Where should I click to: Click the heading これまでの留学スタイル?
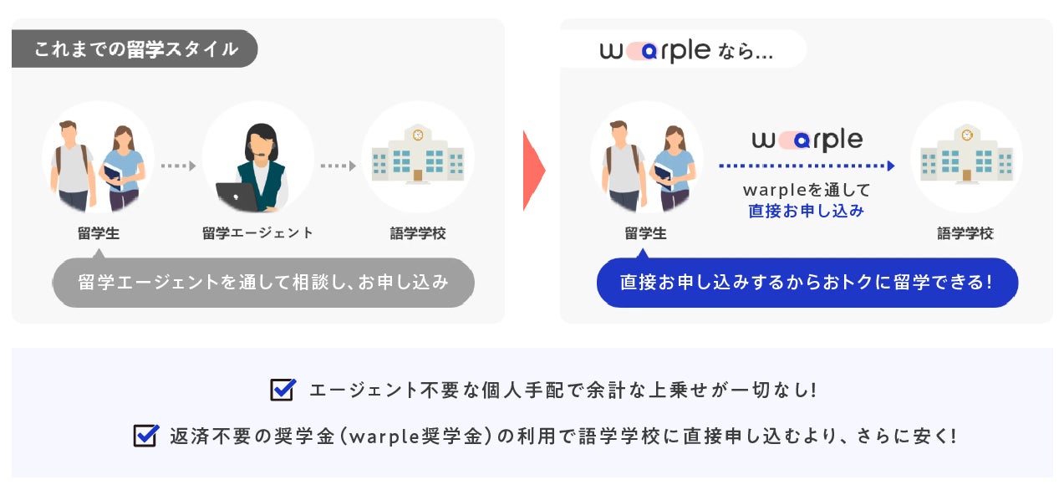135,49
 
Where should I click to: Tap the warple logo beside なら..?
654,50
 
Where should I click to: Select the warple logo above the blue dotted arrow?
807,140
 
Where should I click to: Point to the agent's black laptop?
235,196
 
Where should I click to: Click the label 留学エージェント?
257,233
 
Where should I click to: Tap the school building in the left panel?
418,155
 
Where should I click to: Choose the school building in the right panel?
966,155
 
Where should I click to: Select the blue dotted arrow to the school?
807,166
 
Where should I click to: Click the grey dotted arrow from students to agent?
178,166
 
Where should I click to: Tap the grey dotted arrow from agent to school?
339,166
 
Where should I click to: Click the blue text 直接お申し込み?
806,211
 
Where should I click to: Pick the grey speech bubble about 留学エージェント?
263,283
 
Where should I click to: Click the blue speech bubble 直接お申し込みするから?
807,283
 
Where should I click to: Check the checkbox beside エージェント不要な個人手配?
283,390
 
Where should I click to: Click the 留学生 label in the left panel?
99,233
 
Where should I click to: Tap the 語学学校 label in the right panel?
965,233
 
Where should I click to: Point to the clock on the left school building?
418,134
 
